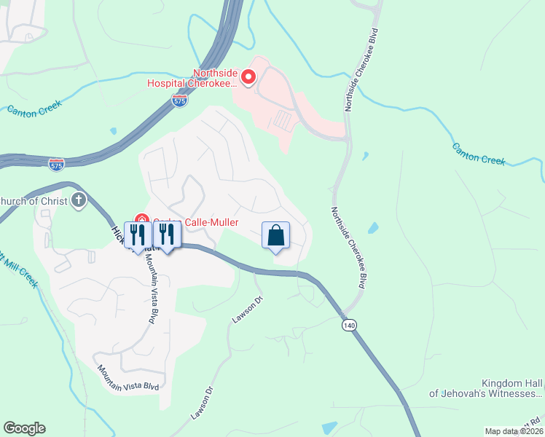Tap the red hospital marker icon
[x=248, y=76]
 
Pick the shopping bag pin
[x=275, y=236]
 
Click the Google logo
[x=24, y=428]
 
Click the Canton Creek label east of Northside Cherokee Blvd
[x=479, y=154]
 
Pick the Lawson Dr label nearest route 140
[x=247, y=309]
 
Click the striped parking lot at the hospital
[x=282, y=119]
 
